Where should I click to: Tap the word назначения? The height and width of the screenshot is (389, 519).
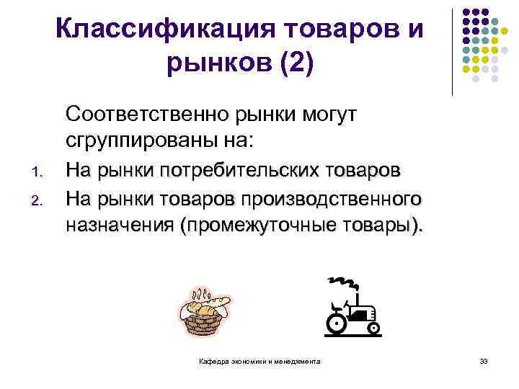[120, 225]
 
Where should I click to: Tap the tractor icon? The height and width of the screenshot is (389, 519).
[352, 310]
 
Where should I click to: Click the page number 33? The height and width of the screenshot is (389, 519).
[484, 361]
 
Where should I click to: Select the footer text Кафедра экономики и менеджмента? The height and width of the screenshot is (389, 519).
[260, 361]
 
